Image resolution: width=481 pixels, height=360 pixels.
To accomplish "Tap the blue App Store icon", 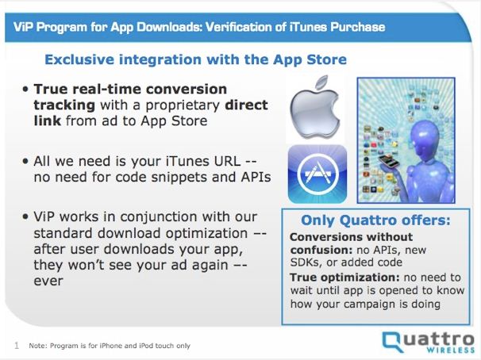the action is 317,174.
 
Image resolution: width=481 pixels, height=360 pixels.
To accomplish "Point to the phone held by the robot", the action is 388,160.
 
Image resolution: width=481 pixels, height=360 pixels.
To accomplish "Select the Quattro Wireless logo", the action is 429,342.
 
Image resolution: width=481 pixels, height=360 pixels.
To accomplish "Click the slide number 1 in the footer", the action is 17,346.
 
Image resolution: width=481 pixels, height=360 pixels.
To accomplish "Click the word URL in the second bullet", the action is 228,161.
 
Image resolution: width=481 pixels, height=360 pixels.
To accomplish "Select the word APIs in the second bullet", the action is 256,177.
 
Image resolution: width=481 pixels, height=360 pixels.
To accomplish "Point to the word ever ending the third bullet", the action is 48,281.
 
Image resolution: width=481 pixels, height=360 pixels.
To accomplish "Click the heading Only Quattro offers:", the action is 375,220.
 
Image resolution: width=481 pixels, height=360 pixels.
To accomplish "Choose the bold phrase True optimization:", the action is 344,278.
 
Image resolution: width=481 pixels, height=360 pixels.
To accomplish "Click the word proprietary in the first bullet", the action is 183,106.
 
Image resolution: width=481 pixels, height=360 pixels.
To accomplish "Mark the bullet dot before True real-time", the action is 25,90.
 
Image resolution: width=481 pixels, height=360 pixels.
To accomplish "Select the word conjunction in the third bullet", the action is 156,217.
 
